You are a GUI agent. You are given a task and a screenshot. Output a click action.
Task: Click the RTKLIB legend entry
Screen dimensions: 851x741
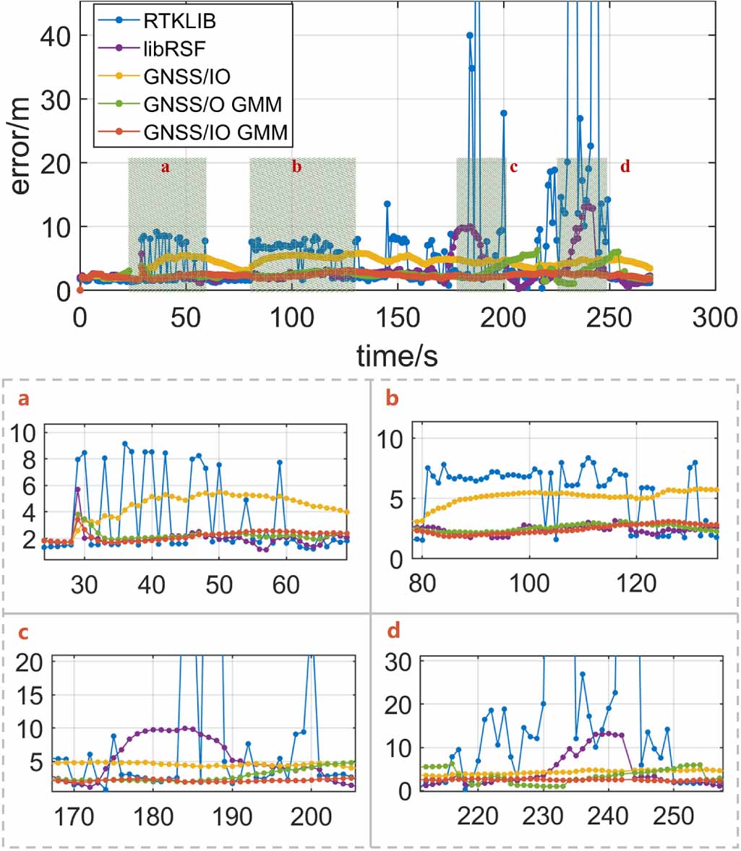pos(179,20)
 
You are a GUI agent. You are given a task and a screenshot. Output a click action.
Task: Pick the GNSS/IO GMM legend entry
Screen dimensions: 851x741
pos(215,132)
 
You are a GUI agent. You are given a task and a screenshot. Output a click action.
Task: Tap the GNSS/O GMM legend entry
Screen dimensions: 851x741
pos(212,105)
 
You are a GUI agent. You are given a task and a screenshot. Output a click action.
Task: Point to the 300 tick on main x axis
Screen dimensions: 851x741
pos(714,318)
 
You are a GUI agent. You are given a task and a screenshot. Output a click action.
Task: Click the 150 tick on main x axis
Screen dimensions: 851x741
pos(397,318)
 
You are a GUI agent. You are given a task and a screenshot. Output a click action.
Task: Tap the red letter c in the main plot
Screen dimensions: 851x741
pos(513,167)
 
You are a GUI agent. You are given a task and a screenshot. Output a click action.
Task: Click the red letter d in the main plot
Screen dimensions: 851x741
pos(625,167)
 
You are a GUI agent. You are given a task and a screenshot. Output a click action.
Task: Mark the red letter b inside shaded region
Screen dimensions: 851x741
pos(296,167)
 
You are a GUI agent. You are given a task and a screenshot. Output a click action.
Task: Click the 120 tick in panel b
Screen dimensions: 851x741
pos(636,582)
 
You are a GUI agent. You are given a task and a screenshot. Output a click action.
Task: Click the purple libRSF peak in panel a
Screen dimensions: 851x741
pos(77,490)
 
